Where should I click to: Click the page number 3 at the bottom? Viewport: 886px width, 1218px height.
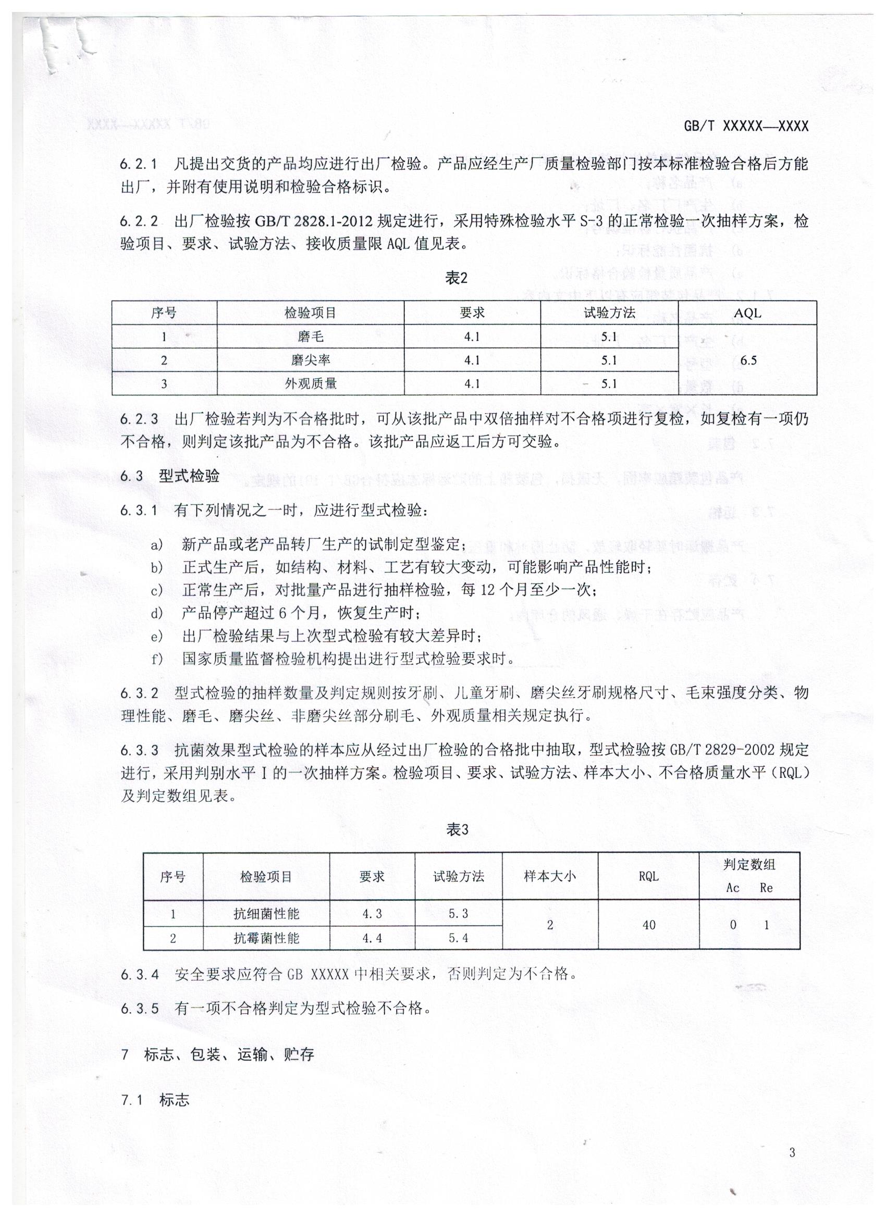[792, 1152]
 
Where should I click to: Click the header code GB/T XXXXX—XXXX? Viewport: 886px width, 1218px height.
[746, 126]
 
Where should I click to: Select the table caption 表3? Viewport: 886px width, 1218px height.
[457, 830]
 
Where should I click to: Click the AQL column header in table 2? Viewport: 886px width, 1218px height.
[747, 313]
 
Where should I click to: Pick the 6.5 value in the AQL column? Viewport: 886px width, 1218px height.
[748, 361]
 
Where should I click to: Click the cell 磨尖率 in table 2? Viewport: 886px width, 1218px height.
[311, 361]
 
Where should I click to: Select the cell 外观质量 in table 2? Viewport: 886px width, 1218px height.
[311, 383]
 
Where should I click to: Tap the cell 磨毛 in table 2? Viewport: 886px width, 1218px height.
[311, 337]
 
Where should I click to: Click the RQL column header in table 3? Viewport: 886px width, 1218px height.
[648, 876]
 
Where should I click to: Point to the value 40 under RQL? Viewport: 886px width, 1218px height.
[648, 925]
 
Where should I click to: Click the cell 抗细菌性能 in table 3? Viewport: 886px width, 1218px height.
[266, 914]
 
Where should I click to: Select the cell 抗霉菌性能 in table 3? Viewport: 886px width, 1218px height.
[266, 938]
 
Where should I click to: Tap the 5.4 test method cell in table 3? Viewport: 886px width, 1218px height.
[458, 938]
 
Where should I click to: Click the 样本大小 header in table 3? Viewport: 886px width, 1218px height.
[550, 876]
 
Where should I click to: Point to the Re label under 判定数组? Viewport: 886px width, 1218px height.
[766, 888]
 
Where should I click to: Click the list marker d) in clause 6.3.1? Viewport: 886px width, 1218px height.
[156, 613]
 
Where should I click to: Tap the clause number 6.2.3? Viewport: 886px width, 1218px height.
[139, 419]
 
